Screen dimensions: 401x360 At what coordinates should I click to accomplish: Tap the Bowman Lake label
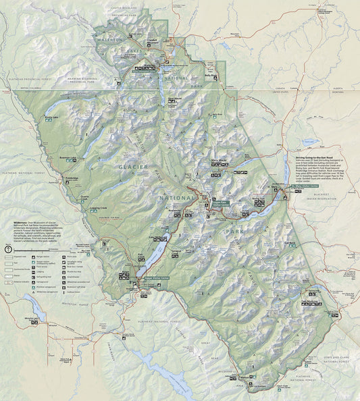pyautogui.click(x=68, y=158)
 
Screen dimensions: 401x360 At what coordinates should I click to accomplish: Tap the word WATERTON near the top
pyautogui.click(x=112, y=40)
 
